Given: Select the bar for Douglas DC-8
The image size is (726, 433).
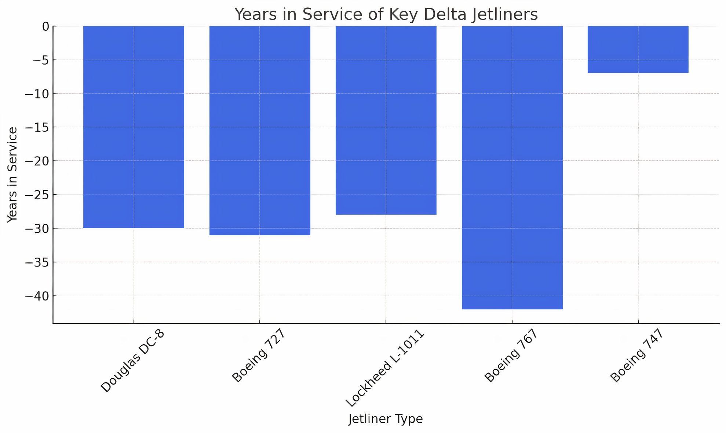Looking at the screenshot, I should pyautogui.click(x=134, y=127).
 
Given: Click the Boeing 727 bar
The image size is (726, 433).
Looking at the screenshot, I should pyautogui.click(x=260, y=130).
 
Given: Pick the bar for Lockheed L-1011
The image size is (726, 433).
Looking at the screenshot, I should pyautogui.click(x=386, y=120).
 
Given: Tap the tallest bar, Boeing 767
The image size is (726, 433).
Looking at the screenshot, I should pyautogui.click(x=512, y=167).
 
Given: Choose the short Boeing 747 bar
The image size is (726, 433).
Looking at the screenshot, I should pyautogui.click(x=638, y=50).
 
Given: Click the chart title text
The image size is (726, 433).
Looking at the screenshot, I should pyautogui.click(x=386, y=15).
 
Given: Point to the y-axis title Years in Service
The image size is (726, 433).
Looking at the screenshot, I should pyautogui.click(x=12, y=175).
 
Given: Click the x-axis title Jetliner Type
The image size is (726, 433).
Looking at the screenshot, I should pyautogui.click(x=386, y=419).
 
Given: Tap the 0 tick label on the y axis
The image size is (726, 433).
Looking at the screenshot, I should pyautogui.click(x=45, y=26).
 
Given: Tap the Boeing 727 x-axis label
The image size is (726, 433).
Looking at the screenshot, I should pyautogui.click(x=258, y=356).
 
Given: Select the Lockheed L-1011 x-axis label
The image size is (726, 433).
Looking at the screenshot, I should pyautogui.click(x=385, y=368).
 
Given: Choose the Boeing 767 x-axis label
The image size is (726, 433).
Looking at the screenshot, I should pyautogui.click(x=511, y=356).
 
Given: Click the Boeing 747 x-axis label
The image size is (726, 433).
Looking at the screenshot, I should pyautogui.click(x=637, y=356).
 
